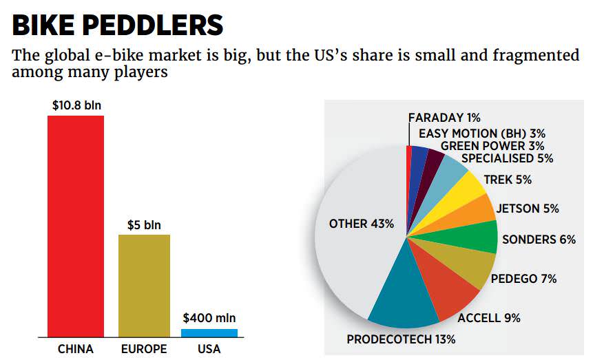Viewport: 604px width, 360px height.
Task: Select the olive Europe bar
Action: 144,285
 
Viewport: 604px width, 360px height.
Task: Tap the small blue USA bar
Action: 209,332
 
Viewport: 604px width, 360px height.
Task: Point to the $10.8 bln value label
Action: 76,106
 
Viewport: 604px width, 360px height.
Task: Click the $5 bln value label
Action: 144,225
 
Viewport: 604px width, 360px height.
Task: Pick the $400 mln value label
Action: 209,318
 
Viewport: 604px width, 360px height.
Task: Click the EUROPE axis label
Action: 144,349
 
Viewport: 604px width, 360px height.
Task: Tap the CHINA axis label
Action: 76,349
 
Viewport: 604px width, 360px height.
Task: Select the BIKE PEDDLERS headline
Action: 118,25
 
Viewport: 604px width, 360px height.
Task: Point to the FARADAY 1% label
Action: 444,118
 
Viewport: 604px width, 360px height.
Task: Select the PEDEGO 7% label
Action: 523,279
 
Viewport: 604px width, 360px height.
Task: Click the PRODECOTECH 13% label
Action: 401,339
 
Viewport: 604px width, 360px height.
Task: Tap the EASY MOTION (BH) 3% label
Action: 481,134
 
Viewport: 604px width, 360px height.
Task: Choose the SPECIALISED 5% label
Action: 507,158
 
